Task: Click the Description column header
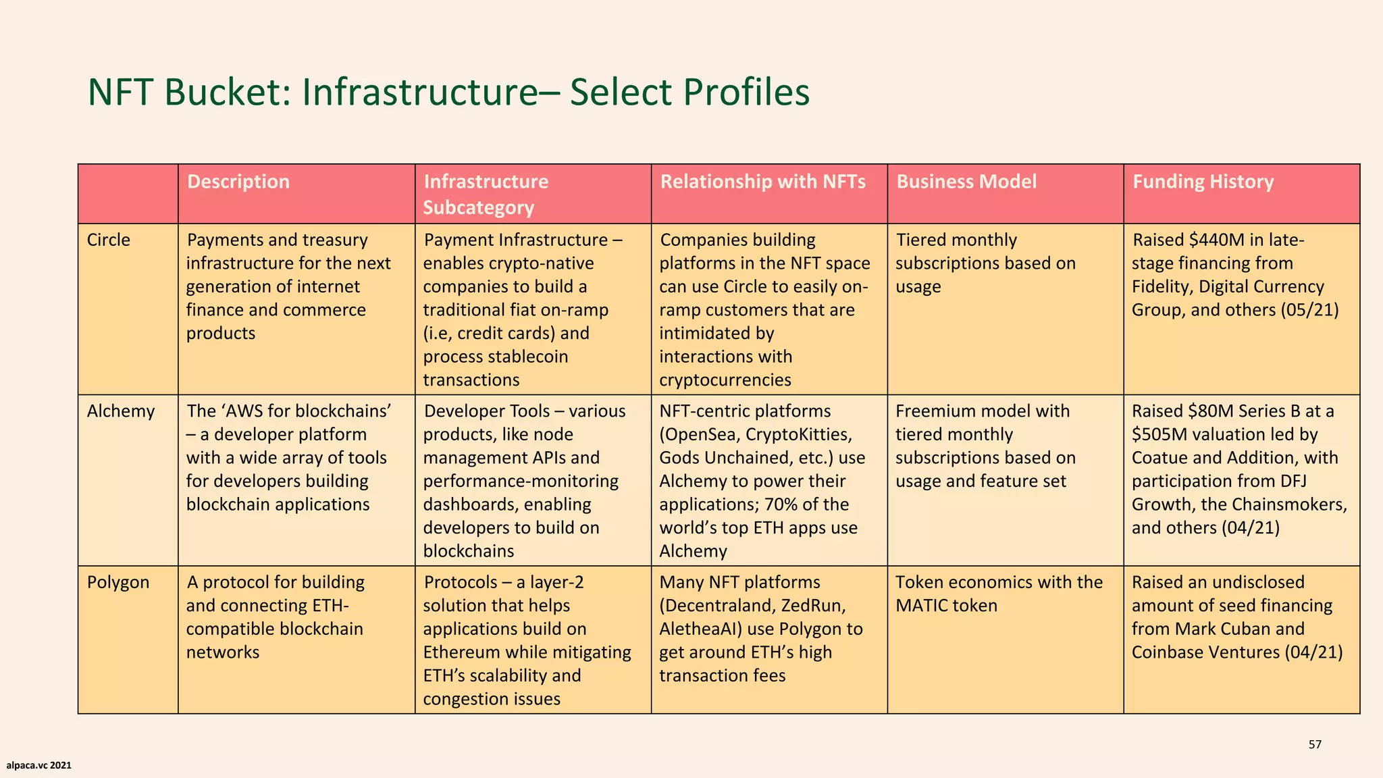point(238,182)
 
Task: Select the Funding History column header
point(1203,182)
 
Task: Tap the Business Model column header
point(966,182)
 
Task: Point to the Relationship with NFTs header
point(762,182)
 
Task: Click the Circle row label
point(108,240)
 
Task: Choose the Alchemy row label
point(120,411)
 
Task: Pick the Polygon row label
point(118,582)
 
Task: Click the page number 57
point(1314,744)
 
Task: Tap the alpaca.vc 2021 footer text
point(38,765)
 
